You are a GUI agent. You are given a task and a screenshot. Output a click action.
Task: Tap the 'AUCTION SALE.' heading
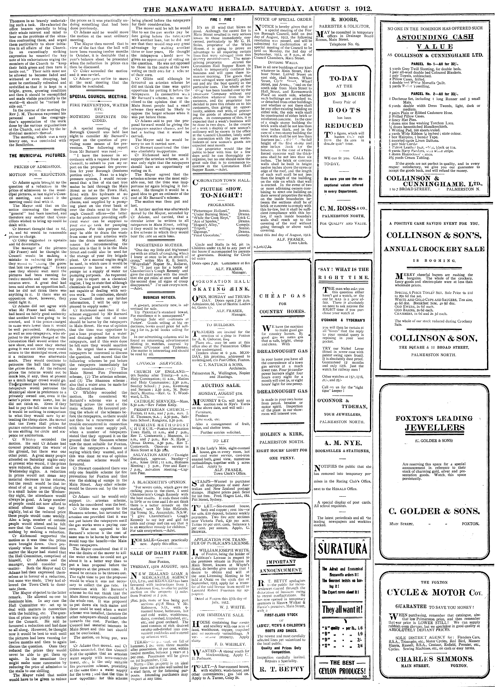tap(220, 386)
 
